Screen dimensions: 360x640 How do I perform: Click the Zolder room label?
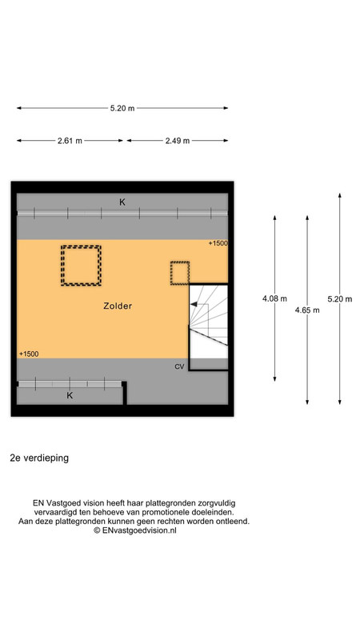pyautogui.click(x=118, y=306)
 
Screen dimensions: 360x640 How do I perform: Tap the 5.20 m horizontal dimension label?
pyautogui.click(x=122, y=108)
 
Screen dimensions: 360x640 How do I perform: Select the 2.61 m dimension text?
pyautogui.click(x=70, y=141)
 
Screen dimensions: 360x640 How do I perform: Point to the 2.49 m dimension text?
pyautogui.click(x=177, y=141)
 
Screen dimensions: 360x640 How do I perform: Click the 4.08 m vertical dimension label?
pyautogui.click(x=274, y=298)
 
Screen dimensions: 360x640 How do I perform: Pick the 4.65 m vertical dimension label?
pyautogui.click(x=307, y=310)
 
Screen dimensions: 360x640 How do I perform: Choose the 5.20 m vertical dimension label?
pyautogui.click(x=339, y=298)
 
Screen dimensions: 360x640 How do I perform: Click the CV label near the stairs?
pyautogui.click(x=179, y=366)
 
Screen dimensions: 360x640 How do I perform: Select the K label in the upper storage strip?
pyautogui.click(x=122, y=202)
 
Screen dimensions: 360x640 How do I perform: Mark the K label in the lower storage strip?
pyautogui.click(x=70, y=395)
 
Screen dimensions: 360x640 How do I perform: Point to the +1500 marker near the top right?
pyautogui.click(x=218, y=243)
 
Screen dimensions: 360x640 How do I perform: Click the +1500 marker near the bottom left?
pyautogui.click(x=29, y=354)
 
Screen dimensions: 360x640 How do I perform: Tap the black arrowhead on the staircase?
pyautogui.click(x=194, y=304)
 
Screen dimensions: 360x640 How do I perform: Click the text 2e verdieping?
pyautogui.click(x=39, y=458)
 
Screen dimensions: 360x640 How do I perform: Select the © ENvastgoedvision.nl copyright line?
pyautogui.click(x=135, y=530)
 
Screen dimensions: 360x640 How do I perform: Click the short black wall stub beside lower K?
pyautogui.click(x=125, y=393)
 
